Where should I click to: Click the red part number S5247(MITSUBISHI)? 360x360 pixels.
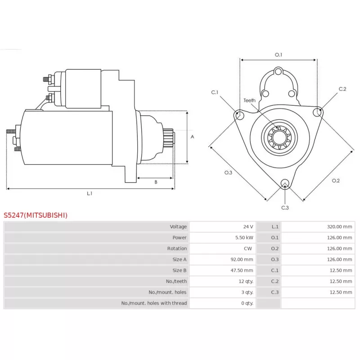click(x=36, y=215)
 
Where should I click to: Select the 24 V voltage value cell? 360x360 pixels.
click(x=247, y=227)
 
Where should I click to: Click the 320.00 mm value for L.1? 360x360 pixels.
click(x=339, y=227)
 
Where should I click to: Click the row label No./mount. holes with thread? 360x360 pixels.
click(x=154, y=303)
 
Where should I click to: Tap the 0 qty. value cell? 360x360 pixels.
click(x=247, y=303)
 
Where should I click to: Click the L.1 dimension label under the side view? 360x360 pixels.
click(x=90, y=193)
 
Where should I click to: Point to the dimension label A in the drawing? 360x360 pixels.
click(x=192, y=136)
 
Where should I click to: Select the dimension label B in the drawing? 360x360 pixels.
click(x=156, y=182)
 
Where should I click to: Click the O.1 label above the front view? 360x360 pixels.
click(x=279, y=55)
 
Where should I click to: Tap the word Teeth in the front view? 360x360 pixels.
click(x=249, y=100)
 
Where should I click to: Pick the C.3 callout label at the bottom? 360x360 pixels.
click(x=285, y=207)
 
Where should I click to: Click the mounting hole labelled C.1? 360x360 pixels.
click(x=239, y=116)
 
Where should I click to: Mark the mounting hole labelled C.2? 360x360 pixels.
click(x=318, y=110)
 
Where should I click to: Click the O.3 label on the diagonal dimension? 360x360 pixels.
click(x=228, y=173)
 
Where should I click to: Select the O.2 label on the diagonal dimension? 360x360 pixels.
click(x=336, y=180)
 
